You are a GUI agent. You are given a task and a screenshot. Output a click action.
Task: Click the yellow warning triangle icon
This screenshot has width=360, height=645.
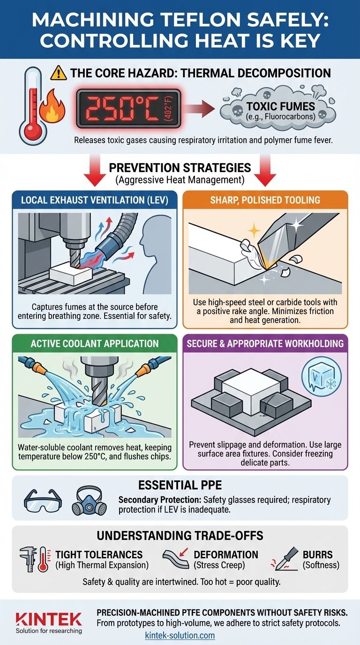[58, 73]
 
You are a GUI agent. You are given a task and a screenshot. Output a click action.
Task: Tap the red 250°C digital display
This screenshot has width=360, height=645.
[128, 109]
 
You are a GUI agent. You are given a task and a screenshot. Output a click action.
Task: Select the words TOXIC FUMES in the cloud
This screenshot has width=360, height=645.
[280, 106]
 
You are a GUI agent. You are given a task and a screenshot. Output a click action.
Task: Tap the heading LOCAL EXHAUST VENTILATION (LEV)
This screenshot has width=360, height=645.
[95, 200]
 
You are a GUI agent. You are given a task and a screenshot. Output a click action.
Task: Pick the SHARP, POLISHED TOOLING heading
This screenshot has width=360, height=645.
[265, 200]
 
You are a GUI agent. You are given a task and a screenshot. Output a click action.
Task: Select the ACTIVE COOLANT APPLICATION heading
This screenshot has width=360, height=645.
[95, 343]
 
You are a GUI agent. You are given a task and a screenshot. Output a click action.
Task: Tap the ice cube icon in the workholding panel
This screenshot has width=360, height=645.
[322, 377]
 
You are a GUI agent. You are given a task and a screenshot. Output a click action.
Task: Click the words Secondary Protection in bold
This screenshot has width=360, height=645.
[160, 500]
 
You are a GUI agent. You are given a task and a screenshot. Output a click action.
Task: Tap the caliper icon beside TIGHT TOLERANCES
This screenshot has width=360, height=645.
[29, 559]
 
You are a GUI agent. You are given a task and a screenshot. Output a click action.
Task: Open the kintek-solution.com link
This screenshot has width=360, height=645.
[180, 635]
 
